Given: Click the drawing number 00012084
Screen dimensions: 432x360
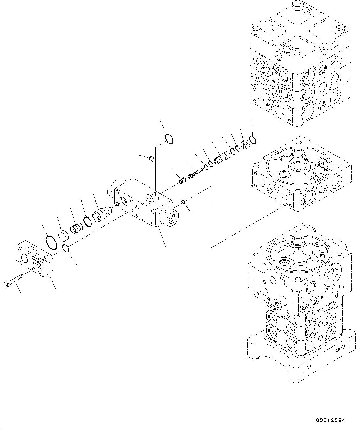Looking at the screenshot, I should pyautogui.click(x=330, y=421).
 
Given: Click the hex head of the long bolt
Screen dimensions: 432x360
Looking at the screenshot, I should pyautogui.click(x=6, y=284).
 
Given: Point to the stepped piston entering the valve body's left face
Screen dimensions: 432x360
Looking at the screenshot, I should pyautogui.click(x=102, y=213).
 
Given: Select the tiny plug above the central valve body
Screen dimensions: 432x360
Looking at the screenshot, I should pyautogui.click(x=151, y=159).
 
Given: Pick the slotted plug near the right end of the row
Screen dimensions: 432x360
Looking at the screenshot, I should pyautogui.click(x=245, y=144).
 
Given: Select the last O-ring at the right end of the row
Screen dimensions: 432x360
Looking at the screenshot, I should pyautogui.click(x=253, y=140).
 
